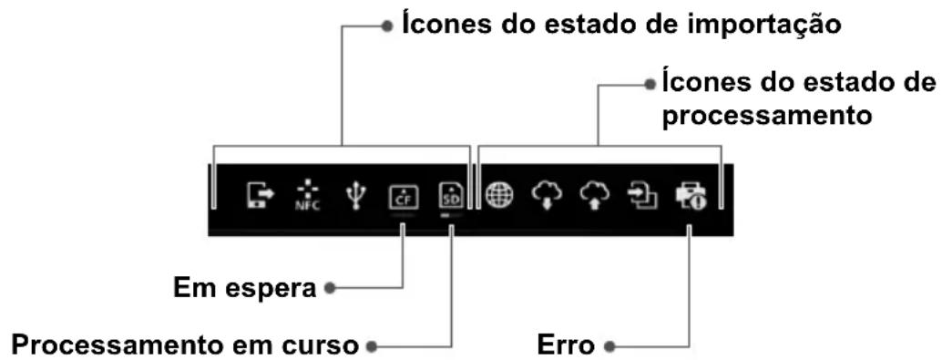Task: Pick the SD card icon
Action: (x=451, y=195)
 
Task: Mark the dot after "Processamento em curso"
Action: (x=369, y=346)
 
